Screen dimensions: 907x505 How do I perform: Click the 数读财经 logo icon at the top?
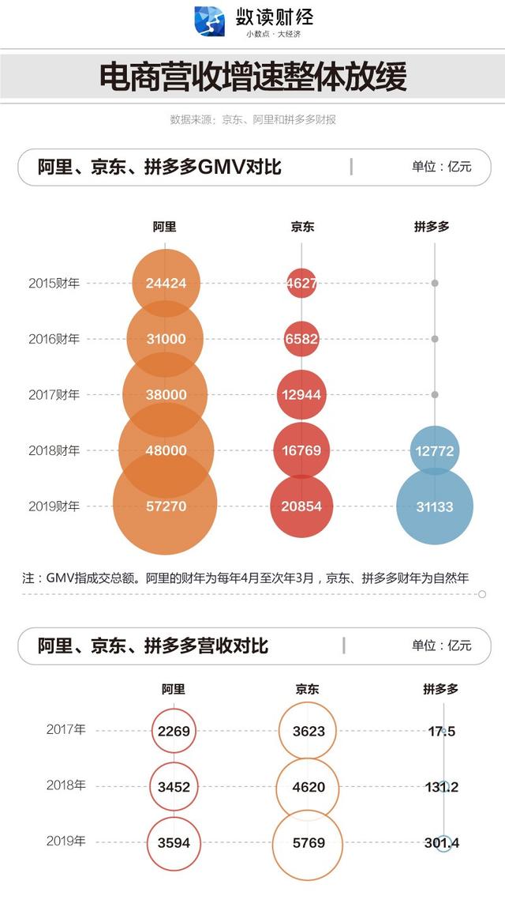210,21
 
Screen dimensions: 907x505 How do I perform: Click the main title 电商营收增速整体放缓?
252,77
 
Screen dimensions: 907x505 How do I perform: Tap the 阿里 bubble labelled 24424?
166,283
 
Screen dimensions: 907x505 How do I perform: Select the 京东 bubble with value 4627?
301,283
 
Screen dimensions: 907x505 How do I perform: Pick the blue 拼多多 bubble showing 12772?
435,450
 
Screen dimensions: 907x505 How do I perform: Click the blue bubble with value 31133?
435,506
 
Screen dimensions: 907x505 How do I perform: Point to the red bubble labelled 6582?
301,339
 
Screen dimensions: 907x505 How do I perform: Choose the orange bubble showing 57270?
166,506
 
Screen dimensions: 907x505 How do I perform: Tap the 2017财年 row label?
54,395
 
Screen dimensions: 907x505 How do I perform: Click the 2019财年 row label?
54,506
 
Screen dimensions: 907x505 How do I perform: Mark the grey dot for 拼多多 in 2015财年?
435,283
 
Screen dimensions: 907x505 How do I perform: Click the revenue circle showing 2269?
174,732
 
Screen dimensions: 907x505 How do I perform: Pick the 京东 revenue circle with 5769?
309,843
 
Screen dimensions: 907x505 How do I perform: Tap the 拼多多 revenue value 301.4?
441,843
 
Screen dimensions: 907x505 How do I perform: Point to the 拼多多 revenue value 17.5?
441,732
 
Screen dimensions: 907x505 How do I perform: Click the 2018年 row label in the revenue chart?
65,786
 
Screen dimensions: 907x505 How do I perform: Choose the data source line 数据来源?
252,120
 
